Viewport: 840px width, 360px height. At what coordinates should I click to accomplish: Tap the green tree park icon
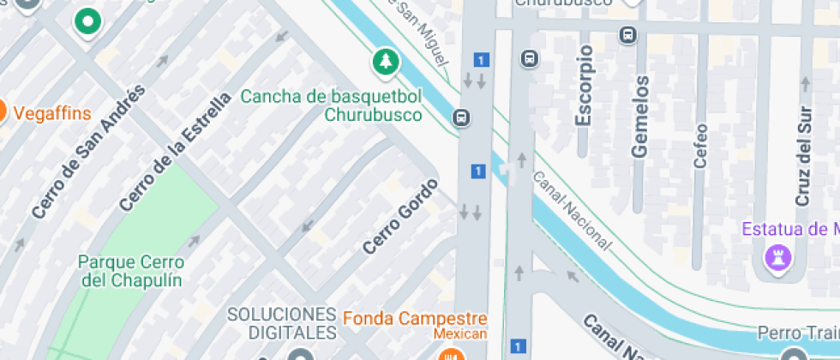coord(386,61)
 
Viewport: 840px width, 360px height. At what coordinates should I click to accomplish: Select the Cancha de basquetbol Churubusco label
coord(331,105)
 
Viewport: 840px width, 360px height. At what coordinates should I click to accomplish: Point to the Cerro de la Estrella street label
coord(176,152)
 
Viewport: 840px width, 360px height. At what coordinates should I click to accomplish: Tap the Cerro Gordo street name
coord(400,216)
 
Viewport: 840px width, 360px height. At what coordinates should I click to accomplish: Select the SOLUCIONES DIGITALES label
coord(281,322)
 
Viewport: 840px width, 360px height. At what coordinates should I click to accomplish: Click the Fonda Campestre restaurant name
coord(415,318)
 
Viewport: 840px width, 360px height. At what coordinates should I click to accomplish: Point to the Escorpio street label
coord(585,86)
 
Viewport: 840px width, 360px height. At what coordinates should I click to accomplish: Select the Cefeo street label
coord(700,145)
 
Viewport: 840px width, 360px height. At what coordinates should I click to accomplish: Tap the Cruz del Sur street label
coord(803,155)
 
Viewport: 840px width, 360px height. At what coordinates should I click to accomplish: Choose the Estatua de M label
coord(789,229)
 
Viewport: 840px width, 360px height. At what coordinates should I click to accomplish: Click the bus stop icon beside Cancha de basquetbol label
coord(463,117)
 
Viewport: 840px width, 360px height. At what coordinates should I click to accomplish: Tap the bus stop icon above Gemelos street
coord(628,35)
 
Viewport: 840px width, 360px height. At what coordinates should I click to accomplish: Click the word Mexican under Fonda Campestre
coord(459,333)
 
